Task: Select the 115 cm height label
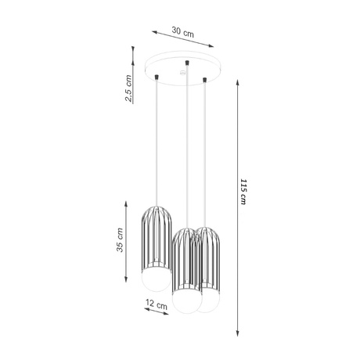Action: (x=244, y=191)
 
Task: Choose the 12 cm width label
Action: (x=157, y=304)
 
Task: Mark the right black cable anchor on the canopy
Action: (x=205, y=79)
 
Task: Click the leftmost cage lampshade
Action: (x=157, y=238)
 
